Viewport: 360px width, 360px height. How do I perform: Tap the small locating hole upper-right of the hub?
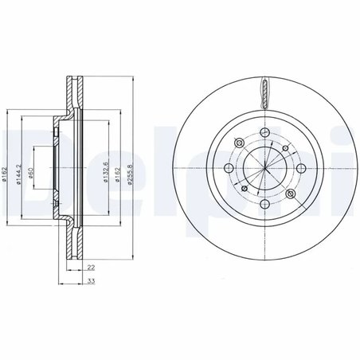tap(284, 148)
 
